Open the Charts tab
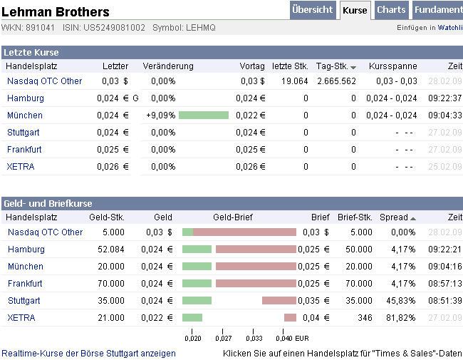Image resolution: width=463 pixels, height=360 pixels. [x=391, y=10]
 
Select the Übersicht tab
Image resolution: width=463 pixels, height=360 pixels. [x=313, y=10]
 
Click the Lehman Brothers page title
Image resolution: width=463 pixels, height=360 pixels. [x=56, y=11]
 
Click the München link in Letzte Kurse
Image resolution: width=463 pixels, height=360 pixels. [x=25, y=115]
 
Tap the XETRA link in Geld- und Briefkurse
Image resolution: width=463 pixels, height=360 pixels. [x=21, y=318]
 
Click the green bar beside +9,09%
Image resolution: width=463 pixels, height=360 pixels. [x=204, y=115]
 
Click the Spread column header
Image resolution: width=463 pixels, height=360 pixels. [x=394, y=217]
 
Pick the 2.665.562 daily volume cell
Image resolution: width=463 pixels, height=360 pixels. [x=336, y=81]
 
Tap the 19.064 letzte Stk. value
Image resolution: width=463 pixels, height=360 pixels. [x=294, y=81]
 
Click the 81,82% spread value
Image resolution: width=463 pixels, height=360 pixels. [x=402, y=318]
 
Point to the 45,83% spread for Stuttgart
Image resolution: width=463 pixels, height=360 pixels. [x=402, y=301]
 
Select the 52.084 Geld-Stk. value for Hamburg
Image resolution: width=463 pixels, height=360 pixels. [x=110, y=250]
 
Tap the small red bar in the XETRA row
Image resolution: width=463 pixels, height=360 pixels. [x=290, y=318]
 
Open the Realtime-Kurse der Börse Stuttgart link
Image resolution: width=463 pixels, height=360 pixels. [x=89, y=354]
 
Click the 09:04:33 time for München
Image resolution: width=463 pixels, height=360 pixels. [x=444, y=115]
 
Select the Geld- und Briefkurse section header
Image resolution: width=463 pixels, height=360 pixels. [x=48, y=203]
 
